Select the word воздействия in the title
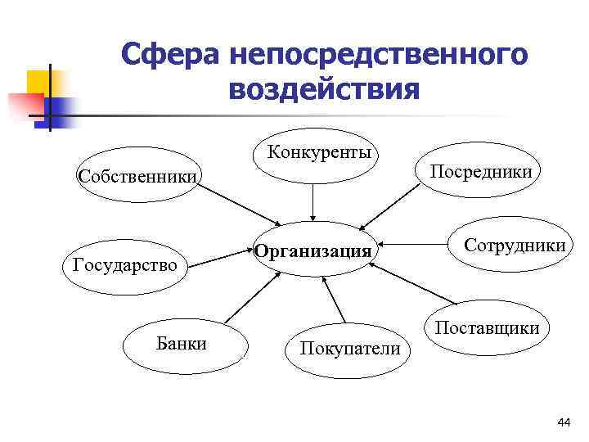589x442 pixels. coord(324,88)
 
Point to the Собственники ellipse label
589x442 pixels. coord(137,177)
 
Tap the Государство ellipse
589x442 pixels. coord(125,265)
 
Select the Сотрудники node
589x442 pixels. coord(515,245)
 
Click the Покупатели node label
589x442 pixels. coord(350,349)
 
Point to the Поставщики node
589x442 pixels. coord(487,328)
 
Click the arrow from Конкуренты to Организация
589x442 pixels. coord(313,203)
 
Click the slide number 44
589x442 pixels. coord(562,422)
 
